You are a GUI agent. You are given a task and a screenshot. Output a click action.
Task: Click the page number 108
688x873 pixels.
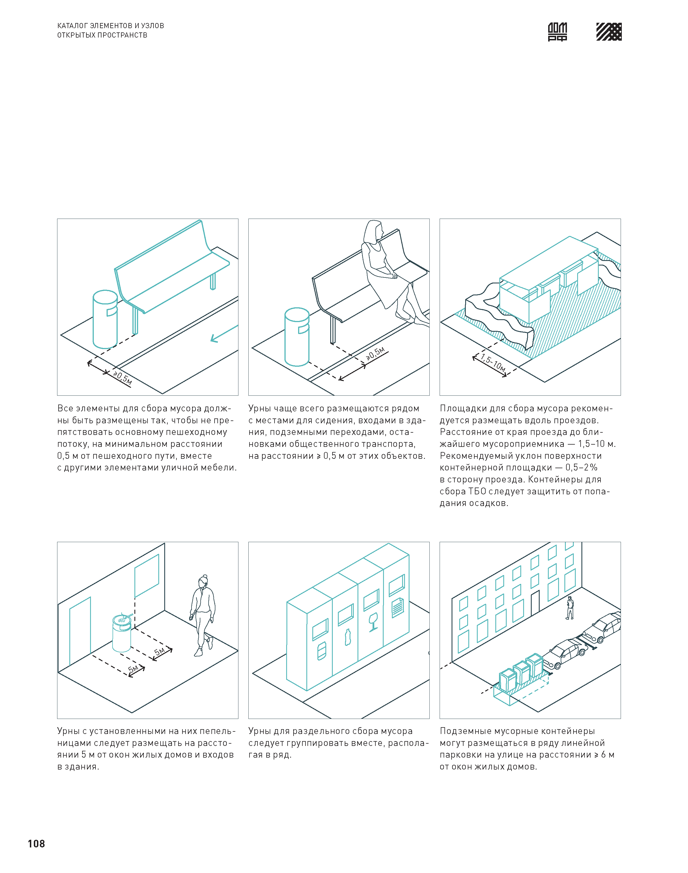(x=36, y=844)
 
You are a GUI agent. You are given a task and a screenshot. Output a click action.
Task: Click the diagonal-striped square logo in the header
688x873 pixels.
(x=609, y=32)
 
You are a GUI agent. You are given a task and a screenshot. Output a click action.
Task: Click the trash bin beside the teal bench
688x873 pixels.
(x=105, y=319)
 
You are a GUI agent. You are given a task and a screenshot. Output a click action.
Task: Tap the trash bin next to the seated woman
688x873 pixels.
(x=297, y=337)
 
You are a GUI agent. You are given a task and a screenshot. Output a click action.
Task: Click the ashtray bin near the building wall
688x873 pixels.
(x=122, y=632)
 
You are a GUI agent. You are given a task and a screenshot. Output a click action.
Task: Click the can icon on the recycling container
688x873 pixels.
(x=321, y=651)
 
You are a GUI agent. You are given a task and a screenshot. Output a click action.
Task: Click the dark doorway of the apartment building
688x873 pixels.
(x=535, y=603)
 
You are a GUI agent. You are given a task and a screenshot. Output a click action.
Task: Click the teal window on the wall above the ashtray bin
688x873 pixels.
(x=147, y=576)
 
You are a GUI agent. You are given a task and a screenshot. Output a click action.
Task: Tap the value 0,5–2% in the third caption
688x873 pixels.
(x=581, y=468)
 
